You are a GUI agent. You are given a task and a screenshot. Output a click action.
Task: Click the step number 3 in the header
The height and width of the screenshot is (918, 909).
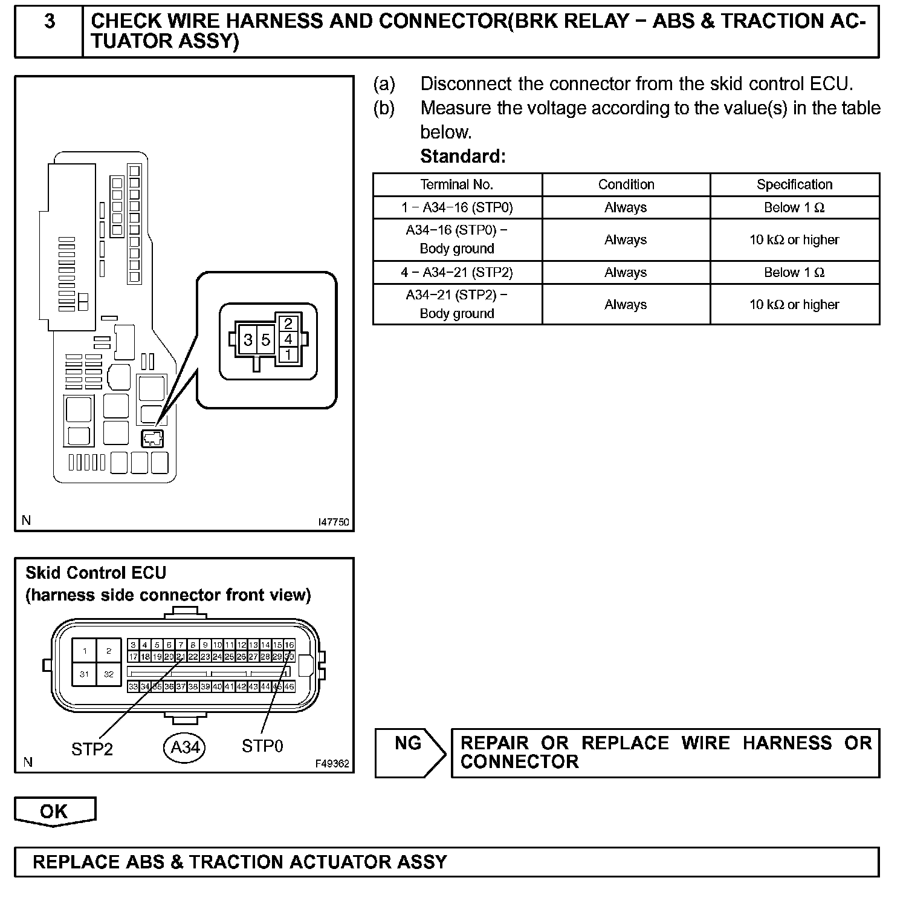[x=50, y=22]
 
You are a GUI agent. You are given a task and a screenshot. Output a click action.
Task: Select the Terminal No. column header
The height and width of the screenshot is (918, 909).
[x=457, y=184]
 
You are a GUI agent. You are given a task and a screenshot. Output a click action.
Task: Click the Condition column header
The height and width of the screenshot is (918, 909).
[x=626, y=184]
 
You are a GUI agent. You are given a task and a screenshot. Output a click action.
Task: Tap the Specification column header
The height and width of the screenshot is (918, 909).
[x=794, y=184]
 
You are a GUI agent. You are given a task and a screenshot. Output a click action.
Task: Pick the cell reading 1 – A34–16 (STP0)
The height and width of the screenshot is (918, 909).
[x=457, y=207]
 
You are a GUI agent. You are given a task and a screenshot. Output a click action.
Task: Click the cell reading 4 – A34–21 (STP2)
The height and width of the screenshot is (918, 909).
[x=457, y=272]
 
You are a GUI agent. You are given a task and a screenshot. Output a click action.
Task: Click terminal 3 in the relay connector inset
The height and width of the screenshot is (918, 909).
[x=248, y=340]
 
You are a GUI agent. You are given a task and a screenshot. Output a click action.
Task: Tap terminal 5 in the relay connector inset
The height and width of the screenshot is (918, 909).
[x=265, y=340]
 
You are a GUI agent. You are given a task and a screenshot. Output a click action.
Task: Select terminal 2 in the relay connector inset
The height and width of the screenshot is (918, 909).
[x=288, y=324]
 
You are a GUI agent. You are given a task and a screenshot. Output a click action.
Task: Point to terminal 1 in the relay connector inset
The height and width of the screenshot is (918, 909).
[x=288, y=354]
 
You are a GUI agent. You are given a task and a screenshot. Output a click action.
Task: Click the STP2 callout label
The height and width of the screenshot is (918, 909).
[x=92, y=749]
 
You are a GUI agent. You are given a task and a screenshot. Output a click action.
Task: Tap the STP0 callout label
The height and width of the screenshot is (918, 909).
[x=262, y=746]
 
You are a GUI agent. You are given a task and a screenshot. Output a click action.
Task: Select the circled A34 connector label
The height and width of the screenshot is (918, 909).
[x=185, y=747]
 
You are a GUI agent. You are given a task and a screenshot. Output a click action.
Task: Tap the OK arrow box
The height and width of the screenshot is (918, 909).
[x=54, y=811]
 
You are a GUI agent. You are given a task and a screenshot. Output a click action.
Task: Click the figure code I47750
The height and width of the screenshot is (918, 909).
[x=334, y=522]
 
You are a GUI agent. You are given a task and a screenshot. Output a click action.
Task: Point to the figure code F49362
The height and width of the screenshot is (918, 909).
[x=332, y=763]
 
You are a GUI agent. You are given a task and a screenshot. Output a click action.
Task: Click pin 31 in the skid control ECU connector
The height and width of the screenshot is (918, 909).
[x=85, y=674]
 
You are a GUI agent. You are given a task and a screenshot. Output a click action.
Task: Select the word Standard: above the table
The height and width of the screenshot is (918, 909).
[x=463, y=157]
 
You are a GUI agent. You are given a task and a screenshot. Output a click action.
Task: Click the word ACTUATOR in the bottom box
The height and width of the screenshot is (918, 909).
[x=339, y=862]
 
